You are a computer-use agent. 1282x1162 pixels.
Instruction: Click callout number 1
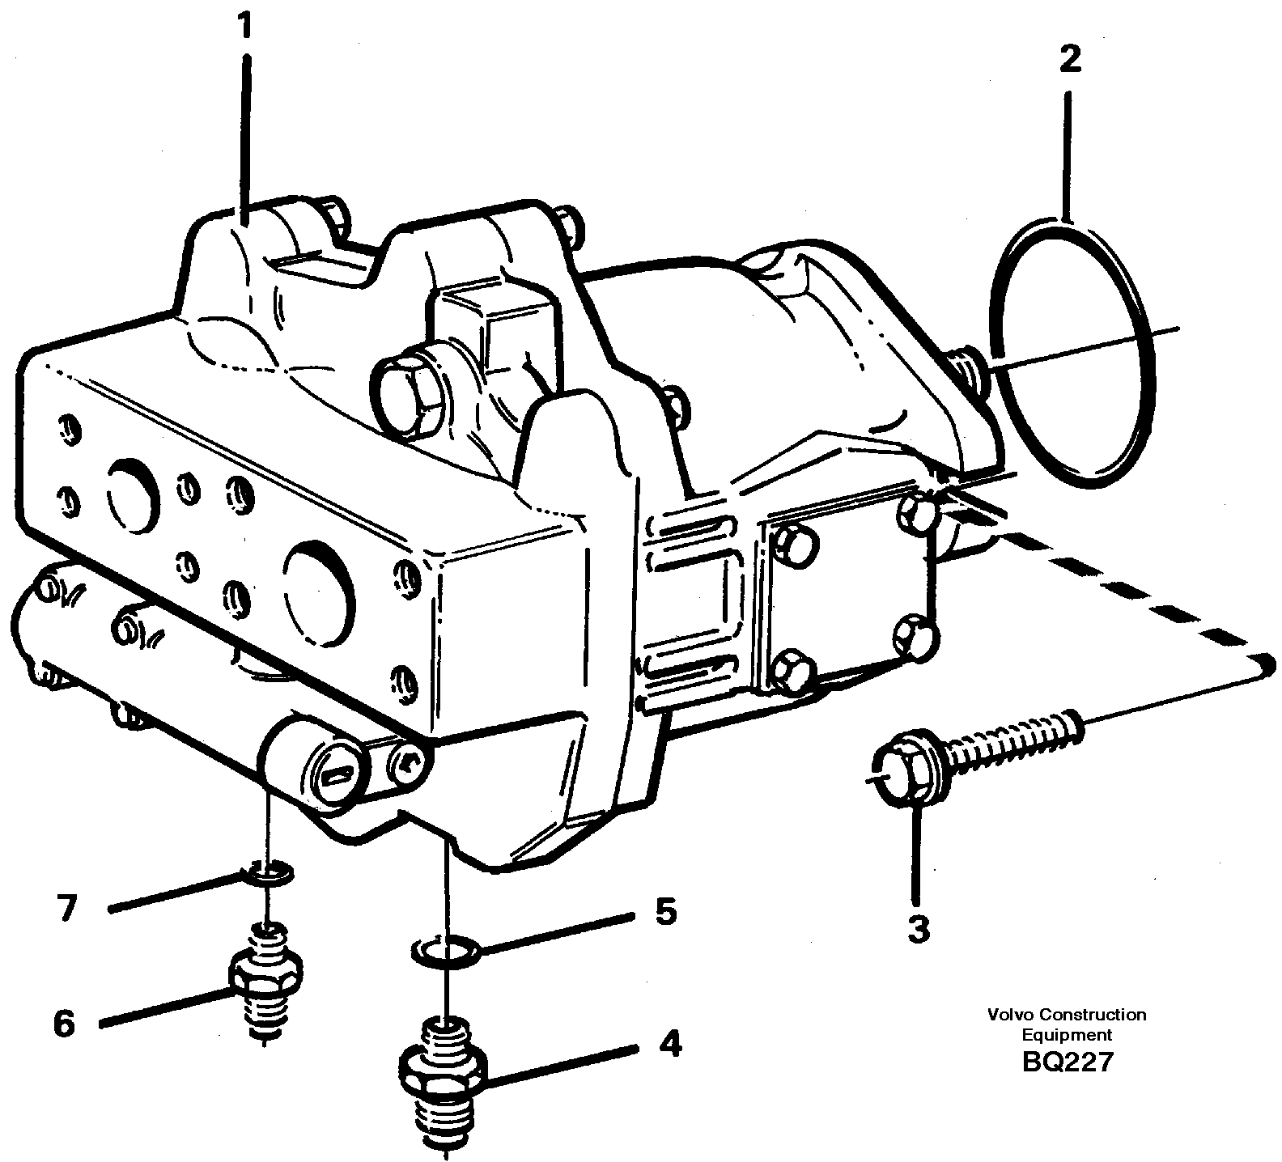coord(244,27)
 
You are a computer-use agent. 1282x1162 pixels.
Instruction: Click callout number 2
coord(1069,59)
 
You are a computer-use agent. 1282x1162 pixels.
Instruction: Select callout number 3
coord(918,928)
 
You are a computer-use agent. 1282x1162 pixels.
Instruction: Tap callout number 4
coord(669,1045)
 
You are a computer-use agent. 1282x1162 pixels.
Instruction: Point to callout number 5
coord(664,912)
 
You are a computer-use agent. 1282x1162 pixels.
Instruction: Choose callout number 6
coord(64,1024)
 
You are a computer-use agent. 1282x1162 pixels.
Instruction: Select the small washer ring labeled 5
coord(446,948)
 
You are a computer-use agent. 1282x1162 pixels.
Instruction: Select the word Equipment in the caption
coord(1067,1034)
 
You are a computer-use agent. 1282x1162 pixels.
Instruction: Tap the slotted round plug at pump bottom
coord(335,773)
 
